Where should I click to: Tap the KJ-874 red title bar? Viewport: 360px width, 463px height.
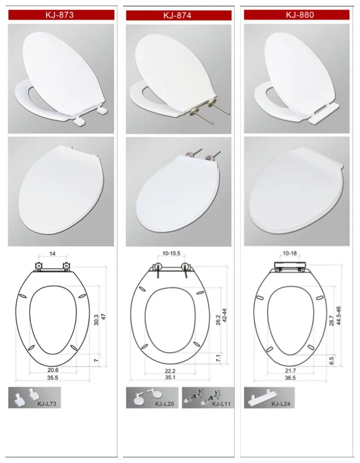tap(178, 15)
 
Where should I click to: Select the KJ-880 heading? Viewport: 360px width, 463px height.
tap(300, 14)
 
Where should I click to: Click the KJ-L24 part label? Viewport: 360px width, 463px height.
tap(282, 404)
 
